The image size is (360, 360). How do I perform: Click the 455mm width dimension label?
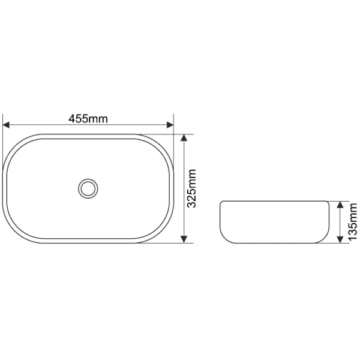pyautogui.click(x=88, y=119)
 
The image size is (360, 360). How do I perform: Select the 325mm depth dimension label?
pyautogui.click(x=191, y=188)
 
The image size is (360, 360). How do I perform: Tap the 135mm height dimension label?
pyautogui.click(x=353, y=221)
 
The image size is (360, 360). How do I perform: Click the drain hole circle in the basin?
pyautogui.click(x=88, y=188)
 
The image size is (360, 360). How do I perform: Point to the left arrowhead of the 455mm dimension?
pyautogui.click(x=6, y=125)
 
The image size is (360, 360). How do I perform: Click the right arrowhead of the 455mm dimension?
pyautogui.click(x=170, y=125)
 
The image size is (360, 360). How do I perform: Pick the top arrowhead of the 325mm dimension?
pyautogui.click(x=184, y=137)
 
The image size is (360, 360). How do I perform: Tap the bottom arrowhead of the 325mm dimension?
pyautogui.click(x=184, y=239)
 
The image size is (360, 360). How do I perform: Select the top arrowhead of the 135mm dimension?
pyautogui.click(x=340, y=205)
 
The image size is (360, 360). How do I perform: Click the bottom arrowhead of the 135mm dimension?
pyautogui.click(x=340, y=239)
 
